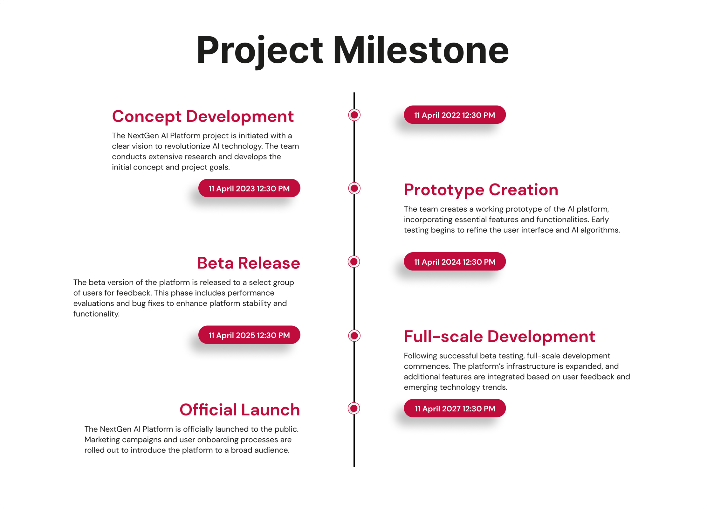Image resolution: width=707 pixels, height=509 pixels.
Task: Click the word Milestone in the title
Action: [421, 50]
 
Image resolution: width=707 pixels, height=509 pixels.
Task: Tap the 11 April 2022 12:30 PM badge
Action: [455, 115]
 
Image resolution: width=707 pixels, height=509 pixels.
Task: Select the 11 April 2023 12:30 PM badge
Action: [249, 188]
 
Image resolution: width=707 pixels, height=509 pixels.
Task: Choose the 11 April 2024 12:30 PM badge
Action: [455, 262]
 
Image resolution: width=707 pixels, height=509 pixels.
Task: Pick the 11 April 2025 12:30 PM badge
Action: [249, 335]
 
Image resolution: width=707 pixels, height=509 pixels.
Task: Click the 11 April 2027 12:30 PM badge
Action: [455, 408]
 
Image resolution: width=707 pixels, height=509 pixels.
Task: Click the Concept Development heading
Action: [203, 116]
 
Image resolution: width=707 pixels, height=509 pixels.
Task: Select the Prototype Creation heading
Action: [481, 190]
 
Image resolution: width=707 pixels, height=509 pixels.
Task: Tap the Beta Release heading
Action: [249, 263]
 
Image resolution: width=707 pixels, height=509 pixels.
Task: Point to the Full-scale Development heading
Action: [499, 336]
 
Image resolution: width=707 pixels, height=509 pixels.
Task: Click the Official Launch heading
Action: [240, 410]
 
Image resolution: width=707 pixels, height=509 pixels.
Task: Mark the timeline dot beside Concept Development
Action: [354, 115]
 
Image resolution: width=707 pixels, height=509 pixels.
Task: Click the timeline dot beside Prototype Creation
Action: [354, 188]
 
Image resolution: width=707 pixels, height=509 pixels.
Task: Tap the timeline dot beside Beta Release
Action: [354, 262]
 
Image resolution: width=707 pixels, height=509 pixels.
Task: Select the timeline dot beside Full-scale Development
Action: [354, 335]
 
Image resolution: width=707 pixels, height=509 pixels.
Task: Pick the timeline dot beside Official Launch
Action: [354, 408]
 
